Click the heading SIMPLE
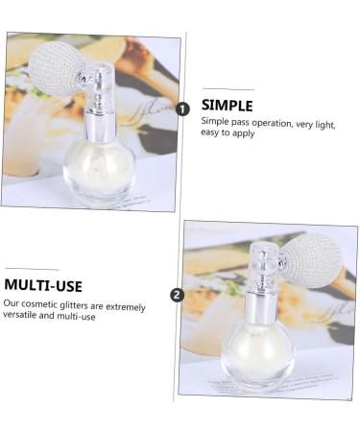[x=227, y=105]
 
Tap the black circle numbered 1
[x=183, y=109]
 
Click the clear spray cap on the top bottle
[x=103, y=86]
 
